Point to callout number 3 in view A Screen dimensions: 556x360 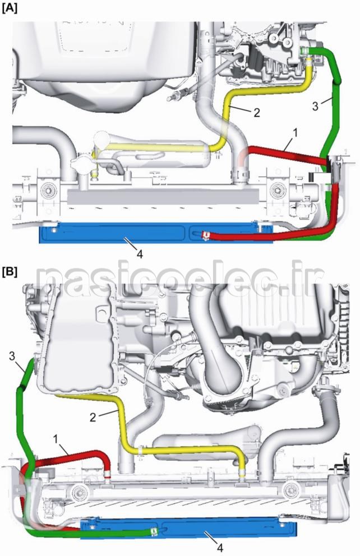point(315,105)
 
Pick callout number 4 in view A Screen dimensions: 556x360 point(139,254)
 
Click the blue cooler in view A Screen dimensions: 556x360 point(112,233)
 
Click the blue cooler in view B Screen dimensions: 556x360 point(224,530)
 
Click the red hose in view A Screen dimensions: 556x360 point(269,151)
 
